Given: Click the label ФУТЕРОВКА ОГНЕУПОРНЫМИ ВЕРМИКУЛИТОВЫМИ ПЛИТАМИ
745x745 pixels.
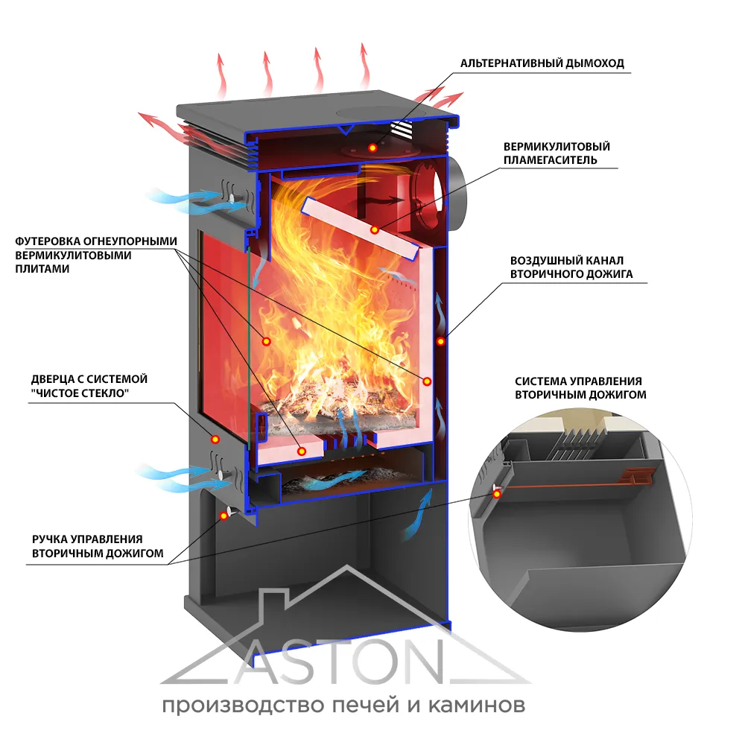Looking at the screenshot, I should [96, 255].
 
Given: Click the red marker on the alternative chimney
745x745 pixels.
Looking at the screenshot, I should [372, 149].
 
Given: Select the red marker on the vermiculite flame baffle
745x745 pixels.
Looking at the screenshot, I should [375, 229].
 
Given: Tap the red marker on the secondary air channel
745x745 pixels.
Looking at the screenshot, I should [441, 342].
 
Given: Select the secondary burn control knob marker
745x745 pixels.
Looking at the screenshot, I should [225, 515].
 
